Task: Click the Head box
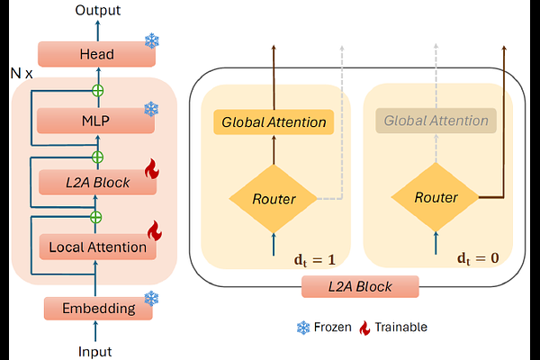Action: [x=96, y=54]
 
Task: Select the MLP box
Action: [x=96, y=120]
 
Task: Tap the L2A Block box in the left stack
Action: [x=96, y=183]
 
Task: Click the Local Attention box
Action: [x=96, y=246]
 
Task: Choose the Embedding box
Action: [x=96, y=309]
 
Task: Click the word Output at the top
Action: [x=97, y=11]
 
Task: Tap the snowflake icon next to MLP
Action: [x=151, y=109]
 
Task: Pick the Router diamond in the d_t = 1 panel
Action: [x=273, y=197]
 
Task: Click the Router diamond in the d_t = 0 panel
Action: [x=436, y=197]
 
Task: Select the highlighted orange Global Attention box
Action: [x=273, y=121]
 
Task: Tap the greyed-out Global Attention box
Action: [x=436, y=121]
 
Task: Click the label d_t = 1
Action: [x=314, y=260]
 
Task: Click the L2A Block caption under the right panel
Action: [x=360, y=287]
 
